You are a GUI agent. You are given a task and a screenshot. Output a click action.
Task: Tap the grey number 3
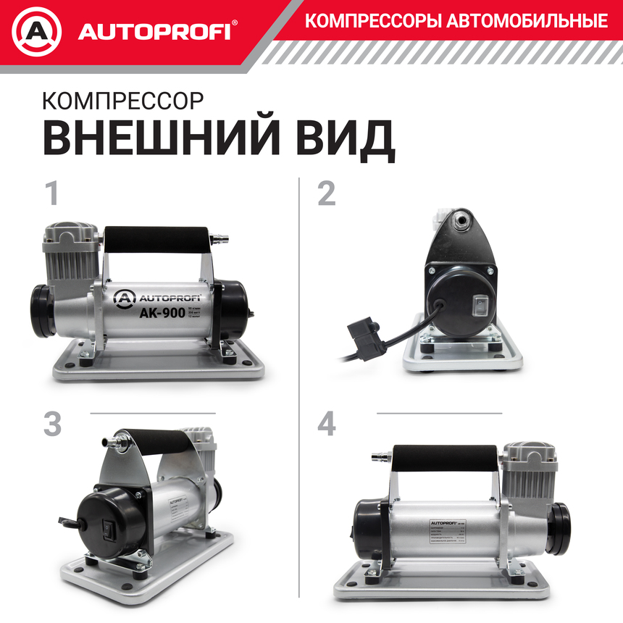click(52, 425)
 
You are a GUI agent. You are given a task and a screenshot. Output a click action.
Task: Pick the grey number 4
click(327, 425)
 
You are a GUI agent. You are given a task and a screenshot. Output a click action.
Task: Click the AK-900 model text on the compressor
click(162, 314)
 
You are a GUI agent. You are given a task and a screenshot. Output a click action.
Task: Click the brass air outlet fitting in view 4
click(380, 457)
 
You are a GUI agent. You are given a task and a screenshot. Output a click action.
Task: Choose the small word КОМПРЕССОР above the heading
click(122, 100)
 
